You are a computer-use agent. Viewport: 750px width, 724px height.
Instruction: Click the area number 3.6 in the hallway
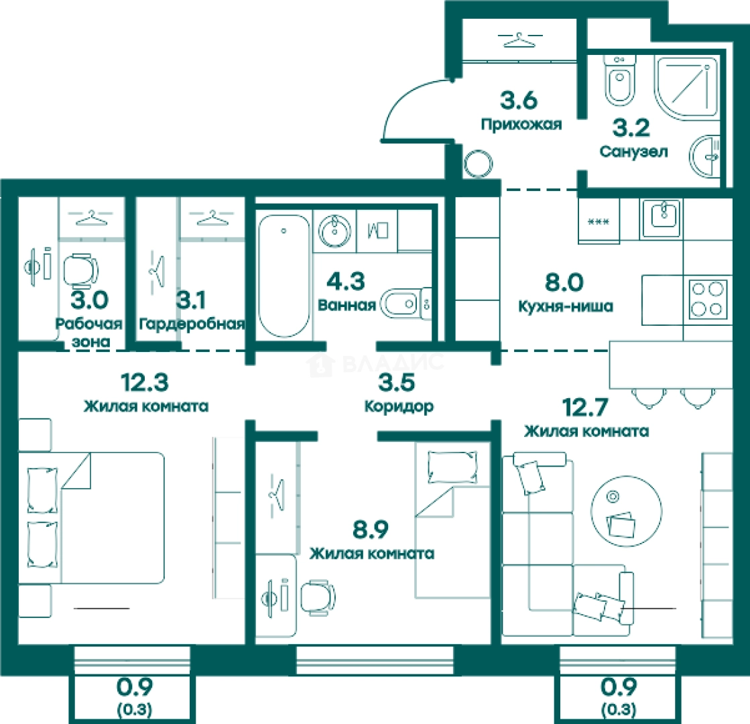(x=519, y=100)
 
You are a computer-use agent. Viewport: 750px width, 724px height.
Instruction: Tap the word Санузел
(x=633, y=152)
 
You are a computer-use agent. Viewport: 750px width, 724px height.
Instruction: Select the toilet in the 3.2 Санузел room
(x=620, y=80)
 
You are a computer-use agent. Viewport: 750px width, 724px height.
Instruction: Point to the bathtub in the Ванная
(x=284, y=276)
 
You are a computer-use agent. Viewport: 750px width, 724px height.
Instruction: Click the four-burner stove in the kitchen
(x=708, y=300)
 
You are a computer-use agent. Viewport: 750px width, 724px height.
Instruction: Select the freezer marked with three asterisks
(x=599, y=221)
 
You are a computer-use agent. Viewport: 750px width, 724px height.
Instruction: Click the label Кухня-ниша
(x=566, y=306)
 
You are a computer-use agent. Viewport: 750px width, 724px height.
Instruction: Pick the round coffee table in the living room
(x=627, y=511)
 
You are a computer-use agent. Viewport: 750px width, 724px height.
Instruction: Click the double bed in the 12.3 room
(x=91, y=518)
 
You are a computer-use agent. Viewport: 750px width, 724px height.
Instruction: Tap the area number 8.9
(x=371, y=529)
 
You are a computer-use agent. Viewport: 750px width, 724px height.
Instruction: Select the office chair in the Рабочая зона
(x=81, y=271)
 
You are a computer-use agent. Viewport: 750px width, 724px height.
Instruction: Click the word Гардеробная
(x=191, y=324)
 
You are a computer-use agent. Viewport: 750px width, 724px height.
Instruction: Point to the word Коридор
(x=399, y=406)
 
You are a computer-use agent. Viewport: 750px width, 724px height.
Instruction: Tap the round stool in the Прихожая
(x=478, y=164)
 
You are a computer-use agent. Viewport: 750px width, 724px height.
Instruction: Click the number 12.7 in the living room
(x=584, y=407)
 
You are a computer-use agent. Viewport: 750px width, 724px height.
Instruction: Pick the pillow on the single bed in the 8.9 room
(x=452, y=467)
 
